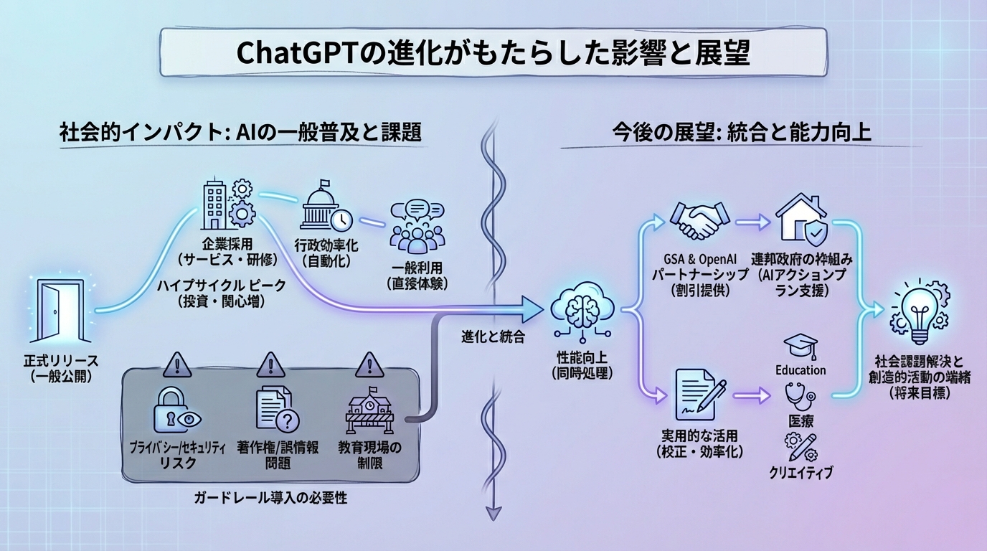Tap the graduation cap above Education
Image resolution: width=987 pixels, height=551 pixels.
point(800,347)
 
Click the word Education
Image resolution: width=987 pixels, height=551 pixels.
point(801,370)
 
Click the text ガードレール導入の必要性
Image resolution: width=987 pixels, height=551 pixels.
point(270,498)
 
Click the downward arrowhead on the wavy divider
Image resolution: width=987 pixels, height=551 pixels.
point(493,512)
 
